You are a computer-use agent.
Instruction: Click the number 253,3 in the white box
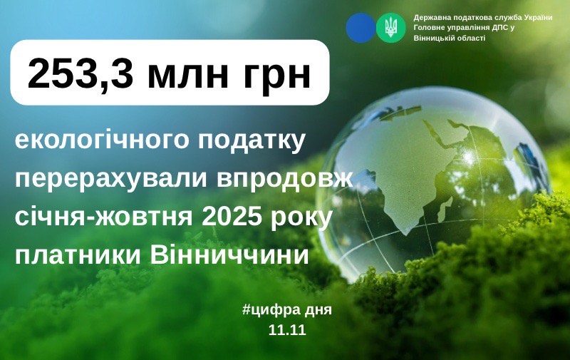pos(80,73)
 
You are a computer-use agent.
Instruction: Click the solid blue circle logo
pos(361,28)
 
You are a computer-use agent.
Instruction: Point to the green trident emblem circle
pos(390,28)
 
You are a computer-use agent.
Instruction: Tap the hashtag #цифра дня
pos(287,311)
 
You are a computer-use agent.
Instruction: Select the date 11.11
pos(287,330)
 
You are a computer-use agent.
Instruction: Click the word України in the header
pos(538,18)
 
